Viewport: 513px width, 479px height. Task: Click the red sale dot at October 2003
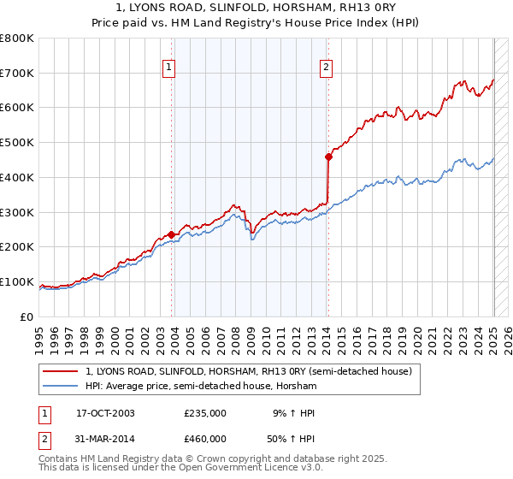(172, 234)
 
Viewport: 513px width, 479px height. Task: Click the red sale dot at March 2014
(328, 157)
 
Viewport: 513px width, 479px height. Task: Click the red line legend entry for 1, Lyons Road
(249, 371)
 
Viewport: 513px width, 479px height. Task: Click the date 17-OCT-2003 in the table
(105, 413)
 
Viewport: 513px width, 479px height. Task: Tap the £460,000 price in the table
(204, 439)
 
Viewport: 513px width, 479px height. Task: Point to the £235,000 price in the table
(204, 413)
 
